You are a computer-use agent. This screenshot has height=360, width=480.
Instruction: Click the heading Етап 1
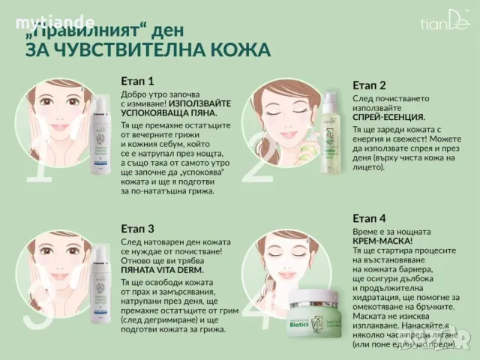coord(137,81)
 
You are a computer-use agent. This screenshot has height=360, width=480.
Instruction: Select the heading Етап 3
coord(137,228)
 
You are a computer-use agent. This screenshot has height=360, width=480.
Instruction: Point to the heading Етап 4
coord(370,218)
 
